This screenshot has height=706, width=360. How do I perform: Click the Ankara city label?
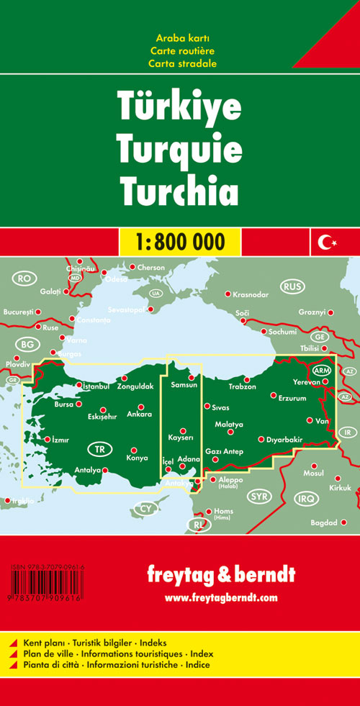coord(139,415)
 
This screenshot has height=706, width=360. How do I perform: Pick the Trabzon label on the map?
coord(243,386)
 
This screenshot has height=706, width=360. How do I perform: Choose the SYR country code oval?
coord(258,496)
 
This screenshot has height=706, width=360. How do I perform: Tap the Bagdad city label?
coord(323,522)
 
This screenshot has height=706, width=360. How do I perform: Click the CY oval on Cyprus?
coord(146,509)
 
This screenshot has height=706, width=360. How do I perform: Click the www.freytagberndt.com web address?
coord(220,597)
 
